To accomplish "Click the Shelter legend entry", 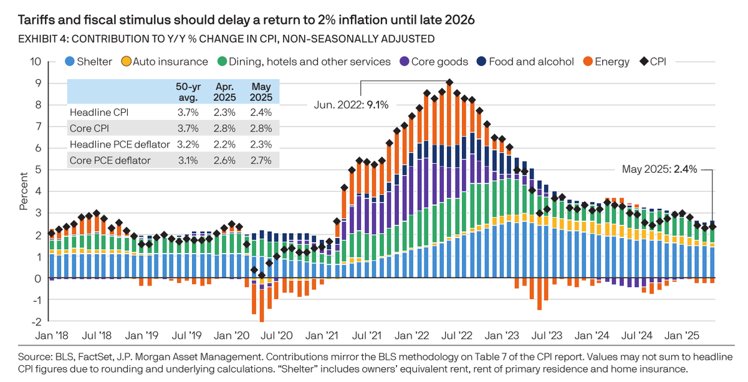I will [91, 62].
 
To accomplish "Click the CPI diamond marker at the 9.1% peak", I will [449, 82].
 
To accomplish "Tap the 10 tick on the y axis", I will [36, 62].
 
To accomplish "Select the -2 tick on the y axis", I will [36, 322].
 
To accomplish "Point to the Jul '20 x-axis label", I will [276, 336].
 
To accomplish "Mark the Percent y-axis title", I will [23, 192].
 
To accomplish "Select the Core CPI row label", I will [90, 128].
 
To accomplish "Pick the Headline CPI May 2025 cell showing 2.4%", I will [260, 112].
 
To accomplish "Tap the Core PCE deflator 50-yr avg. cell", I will [188, 161].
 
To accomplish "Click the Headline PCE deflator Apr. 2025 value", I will [224, 145].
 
